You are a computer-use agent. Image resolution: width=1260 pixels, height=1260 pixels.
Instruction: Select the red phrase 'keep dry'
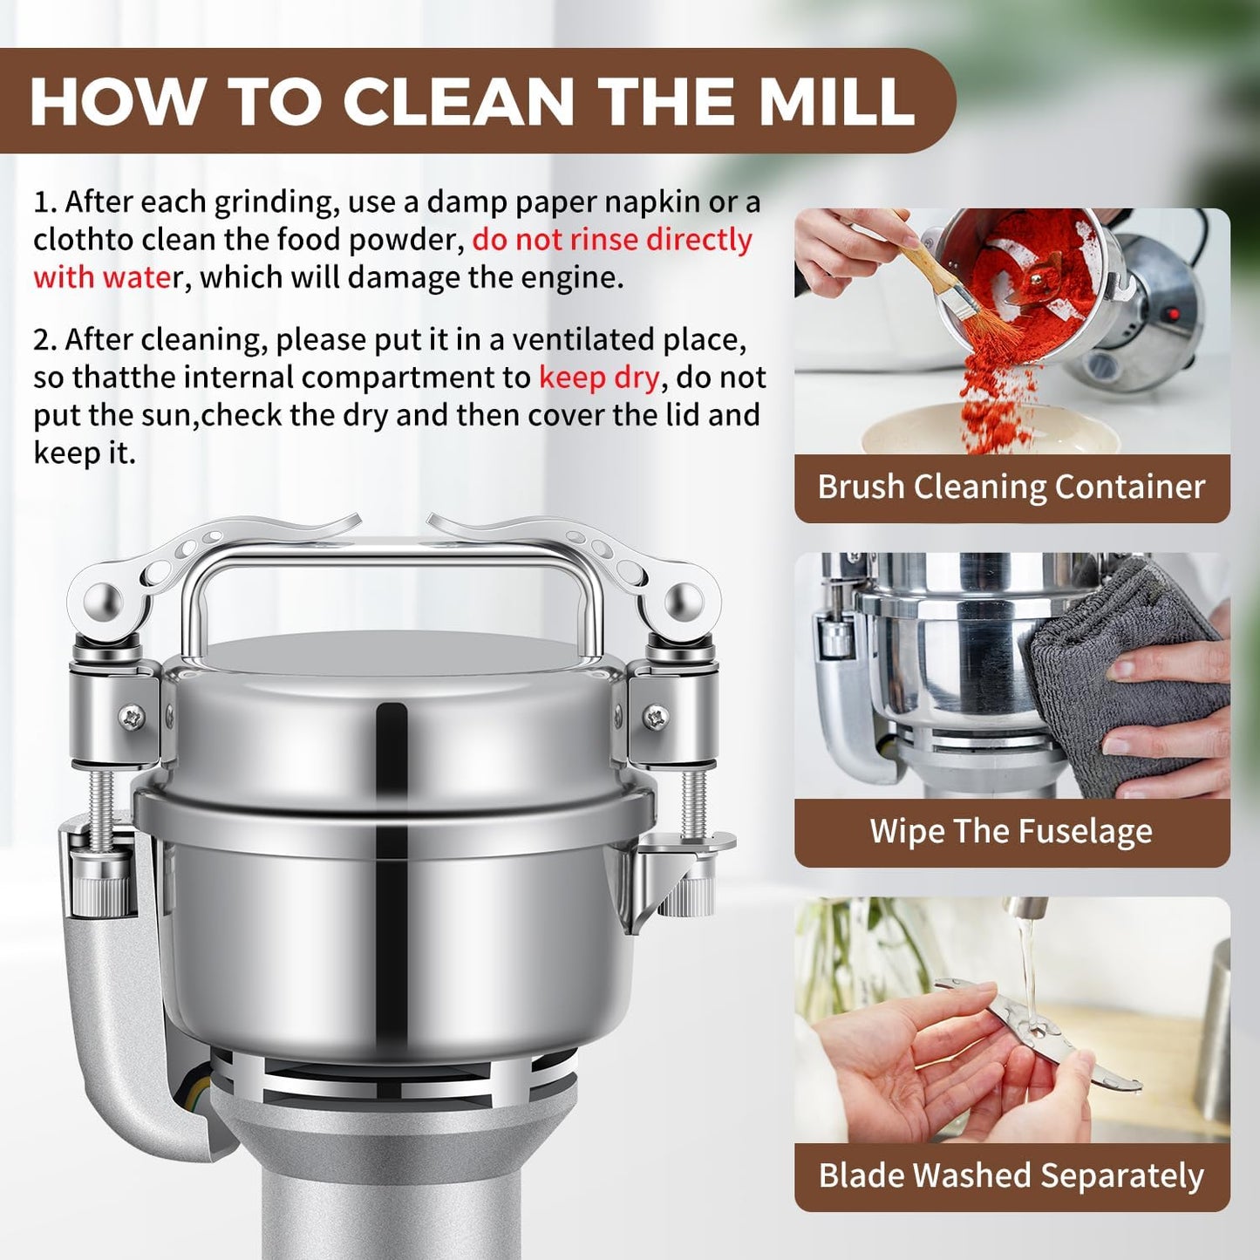(x=599, y=378)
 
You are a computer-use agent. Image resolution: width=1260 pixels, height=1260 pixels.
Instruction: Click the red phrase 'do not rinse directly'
(x=612, y=240)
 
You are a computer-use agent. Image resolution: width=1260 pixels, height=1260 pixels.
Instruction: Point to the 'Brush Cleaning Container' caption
(x=1011, y=487)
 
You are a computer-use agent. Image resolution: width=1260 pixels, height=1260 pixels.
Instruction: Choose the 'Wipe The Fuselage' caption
(x=1011, y=831)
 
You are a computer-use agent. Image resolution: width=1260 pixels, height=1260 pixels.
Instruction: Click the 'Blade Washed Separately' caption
(x=1011, y=1175)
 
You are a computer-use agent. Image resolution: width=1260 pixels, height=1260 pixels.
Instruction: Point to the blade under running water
(x=1038, y=1033)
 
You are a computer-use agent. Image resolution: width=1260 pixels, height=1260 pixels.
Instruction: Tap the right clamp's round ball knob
(x=684, y=602)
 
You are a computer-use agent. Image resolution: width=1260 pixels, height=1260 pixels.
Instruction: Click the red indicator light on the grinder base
(x=1173, y=313)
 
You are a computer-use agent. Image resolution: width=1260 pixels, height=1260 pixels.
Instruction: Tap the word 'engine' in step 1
(x=570, y=278)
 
